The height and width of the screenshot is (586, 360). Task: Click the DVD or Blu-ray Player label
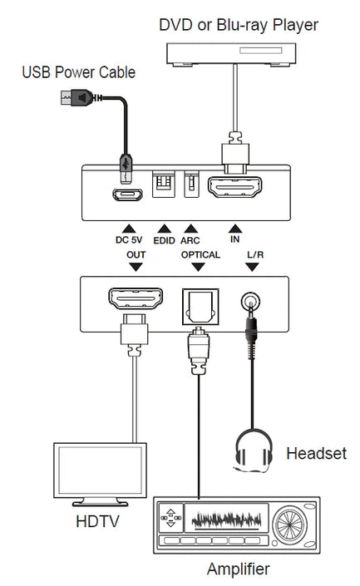click(239, 25)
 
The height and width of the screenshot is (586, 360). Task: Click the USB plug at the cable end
click(76, 98)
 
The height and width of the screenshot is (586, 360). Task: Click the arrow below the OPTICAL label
click(197, 267)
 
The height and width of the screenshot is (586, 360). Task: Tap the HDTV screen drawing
click(92, 470)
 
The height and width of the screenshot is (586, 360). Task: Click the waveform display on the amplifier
click(225, 520)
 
